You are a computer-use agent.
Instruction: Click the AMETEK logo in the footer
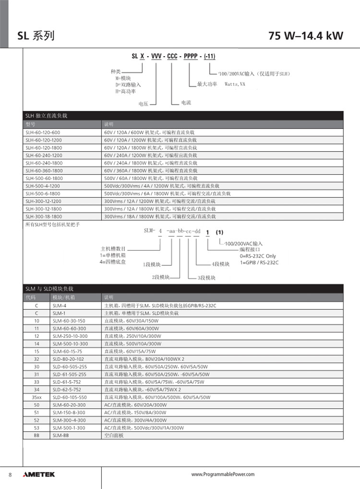click(x=39, y=475)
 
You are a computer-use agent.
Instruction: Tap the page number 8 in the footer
click(x=10, y=475)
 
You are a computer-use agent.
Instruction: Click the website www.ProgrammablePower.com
click(x=223, y=475)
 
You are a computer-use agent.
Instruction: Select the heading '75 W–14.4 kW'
click(x=306, y=36)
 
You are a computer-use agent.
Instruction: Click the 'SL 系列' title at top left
click(x=36, y=36)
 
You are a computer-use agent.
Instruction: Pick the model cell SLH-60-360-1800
click(x=44, y=170)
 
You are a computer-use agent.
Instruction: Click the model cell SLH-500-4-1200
click(x=43, y=186)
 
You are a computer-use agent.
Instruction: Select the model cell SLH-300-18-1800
click(x=44, y=216)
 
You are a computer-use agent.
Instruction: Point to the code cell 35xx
click(x=36, y=397)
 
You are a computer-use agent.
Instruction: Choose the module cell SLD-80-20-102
click(x=69, y=359)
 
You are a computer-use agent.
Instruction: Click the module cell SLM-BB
click(x=61, y=435)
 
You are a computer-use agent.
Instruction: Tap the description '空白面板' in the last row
click(x=114, y=435)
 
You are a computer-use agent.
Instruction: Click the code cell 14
click(x=36, y=344)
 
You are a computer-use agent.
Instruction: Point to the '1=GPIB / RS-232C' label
click(x=259, y=262)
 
